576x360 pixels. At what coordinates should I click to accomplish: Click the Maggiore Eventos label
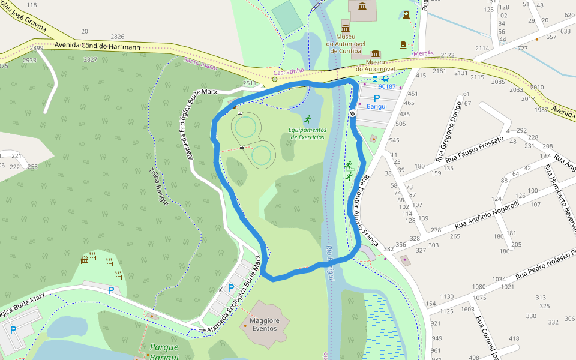coord(264,325)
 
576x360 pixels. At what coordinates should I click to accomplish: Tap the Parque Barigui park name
coord(165,351)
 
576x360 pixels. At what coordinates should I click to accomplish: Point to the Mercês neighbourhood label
coord(423,53)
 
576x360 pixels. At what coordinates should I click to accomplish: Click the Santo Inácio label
coord(200,61)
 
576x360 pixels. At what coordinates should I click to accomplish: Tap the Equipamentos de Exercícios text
coord(307,133)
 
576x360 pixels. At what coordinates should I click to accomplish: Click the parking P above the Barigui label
coord(377,98)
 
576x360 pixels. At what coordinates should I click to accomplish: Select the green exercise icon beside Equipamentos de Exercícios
coord(308,119)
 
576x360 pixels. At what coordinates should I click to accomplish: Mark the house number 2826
coord(118,37)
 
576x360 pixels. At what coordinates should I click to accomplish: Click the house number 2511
coord(250,83)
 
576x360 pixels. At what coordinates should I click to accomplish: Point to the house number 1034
coord(499,280)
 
